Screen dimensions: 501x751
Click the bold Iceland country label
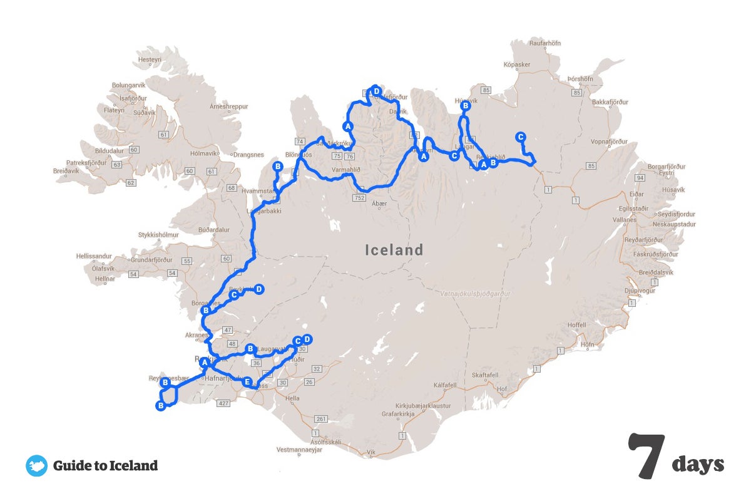click(394, 250)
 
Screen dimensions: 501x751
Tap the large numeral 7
click(647, 455)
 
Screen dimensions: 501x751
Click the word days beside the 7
click(698, 464)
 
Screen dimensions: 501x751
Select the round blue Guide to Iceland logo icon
click(36, 466)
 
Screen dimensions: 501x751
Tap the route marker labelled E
click(247, 381)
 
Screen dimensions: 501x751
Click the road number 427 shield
click(222, 403)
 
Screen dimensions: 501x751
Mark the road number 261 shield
click(322, 419)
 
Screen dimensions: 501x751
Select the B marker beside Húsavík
click(465, 106)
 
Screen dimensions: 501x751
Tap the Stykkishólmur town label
click(159, 235)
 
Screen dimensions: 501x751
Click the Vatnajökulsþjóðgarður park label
click(475, 293)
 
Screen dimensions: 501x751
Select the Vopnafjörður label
click(608, 142)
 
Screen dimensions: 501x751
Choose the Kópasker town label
click(517, 65)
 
